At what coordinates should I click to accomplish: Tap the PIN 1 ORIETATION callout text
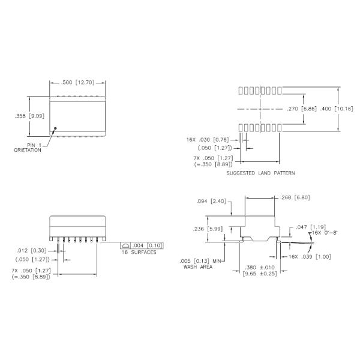(28, 148)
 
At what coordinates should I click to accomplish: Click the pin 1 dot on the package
(55, 128)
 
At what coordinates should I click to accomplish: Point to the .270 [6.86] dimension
(298, 109)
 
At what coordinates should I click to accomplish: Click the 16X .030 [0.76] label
(207, 139)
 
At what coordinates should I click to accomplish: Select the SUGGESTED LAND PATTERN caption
(260, 173)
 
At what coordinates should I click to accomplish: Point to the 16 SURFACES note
(139, 253)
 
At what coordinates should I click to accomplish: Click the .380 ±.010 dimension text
(259, 268)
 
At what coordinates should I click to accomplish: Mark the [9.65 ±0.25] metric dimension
(259, 274)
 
